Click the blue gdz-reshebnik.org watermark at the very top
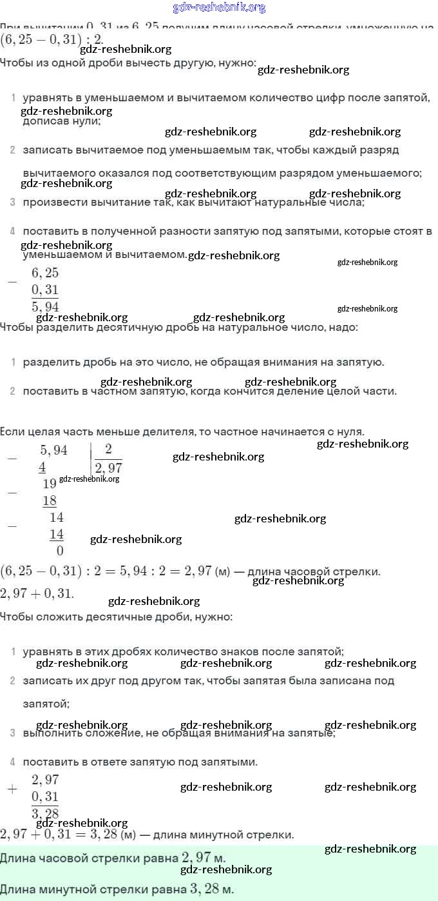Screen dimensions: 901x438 219,8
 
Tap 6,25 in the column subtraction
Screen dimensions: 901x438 45,273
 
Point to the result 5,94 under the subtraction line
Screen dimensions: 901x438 45,306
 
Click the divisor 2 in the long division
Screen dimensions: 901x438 108,450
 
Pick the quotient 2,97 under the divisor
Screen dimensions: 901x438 108,468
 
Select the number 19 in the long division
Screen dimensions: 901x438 50,484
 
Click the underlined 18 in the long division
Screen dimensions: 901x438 50,500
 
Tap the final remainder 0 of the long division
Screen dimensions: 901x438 60,551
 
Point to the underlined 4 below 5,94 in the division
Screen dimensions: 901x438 42,467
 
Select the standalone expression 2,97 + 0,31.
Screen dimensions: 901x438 37,593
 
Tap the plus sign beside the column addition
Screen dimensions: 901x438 12,789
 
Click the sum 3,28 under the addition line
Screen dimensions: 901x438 45,813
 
